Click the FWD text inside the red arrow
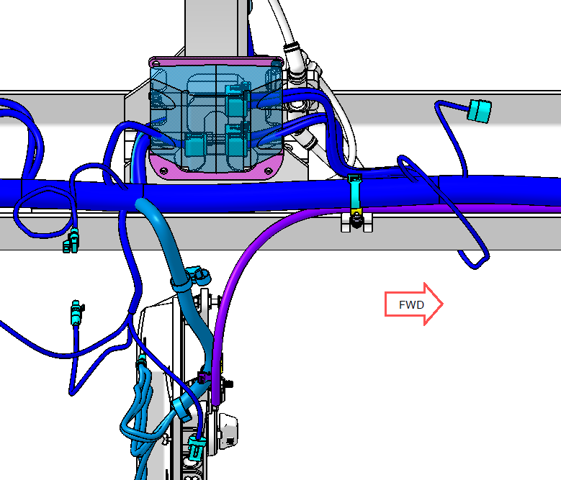click(x=411, y=305)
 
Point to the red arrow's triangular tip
click(x=443, y=304)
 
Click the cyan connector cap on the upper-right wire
click(x=480, y=111)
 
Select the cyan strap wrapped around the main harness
click(x=355, y=193)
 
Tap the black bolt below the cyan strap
click(x=356, y=220)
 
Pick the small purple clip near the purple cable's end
click(x=203, y=377)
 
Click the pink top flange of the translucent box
click(x=216, y=61)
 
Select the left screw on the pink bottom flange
click(x=163, y=171)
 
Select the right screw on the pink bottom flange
click(x=268, y=171)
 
